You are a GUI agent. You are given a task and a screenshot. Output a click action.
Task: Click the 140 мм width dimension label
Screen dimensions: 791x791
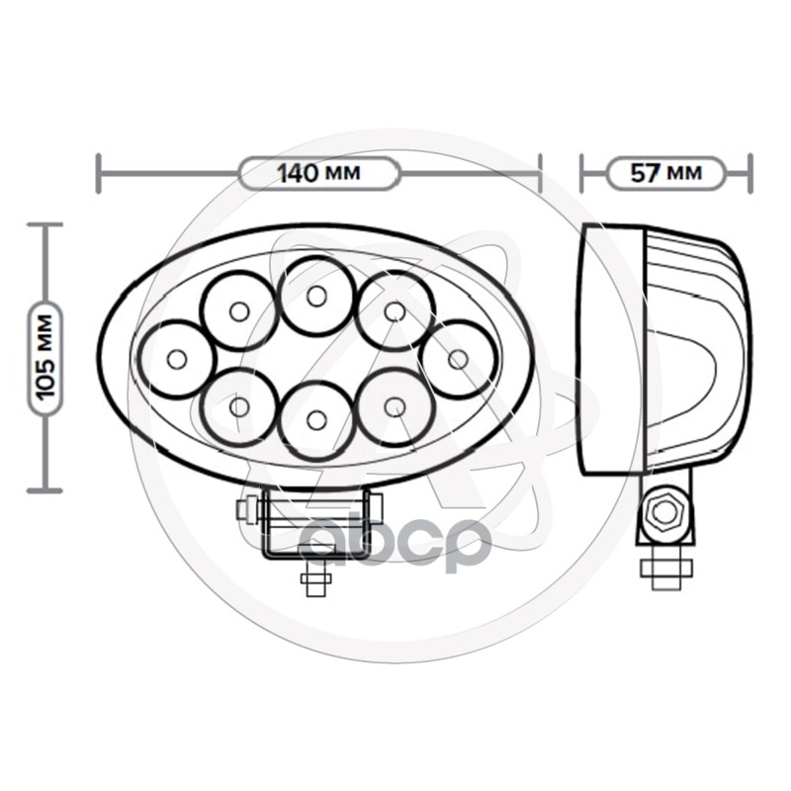pos(318,173)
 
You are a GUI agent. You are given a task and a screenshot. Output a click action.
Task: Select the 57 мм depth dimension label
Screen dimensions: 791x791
pos(665,173)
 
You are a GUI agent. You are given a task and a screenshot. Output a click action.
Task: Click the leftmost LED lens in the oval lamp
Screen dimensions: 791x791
pos(176,359)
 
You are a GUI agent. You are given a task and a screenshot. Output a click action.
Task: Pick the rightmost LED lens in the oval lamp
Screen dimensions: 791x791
pos(457,358)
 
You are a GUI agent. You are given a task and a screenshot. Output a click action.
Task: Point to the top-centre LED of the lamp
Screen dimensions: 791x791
pos(316,295)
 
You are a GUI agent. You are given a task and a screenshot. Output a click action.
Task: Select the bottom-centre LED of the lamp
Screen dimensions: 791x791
pos(316,420)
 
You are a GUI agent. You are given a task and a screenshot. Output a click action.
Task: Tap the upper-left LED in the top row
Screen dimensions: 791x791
pos(238,311)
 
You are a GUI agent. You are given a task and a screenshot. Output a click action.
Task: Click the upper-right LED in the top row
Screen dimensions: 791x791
pos(395,311)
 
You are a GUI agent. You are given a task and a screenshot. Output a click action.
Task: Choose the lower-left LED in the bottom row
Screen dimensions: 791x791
pos(238,405)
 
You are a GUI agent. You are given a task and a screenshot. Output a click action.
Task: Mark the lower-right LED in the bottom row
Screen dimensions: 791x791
pos(395,405)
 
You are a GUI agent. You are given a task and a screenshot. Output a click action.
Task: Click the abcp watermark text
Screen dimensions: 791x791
pos(395,541)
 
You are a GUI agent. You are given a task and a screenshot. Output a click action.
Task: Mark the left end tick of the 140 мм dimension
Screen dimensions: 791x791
pos(98,173)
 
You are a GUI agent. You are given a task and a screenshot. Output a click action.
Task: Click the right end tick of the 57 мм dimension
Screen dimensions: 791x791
pos(749,173)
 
